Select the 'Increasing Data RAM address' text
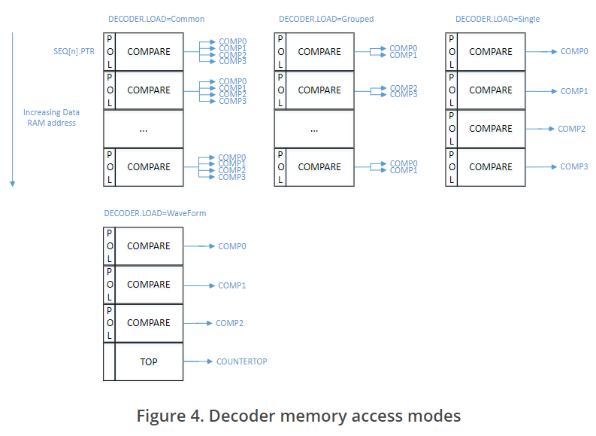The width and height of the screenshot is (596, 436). pos(51,117)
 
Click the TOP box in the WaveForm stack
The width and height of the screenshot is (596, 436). pos(149,361)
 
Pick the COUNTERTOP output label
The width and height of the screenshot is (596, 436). pos(241,361)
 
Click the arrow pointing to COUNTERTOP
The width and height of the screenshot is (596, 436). pos(198,361)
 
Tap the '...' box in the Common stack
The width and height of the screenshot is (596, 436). pos(144,129)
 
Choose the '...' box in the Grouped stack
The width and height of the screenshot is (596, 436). pos(314,129)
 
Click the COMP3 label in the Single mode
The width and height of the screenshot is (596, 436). pos(574,166)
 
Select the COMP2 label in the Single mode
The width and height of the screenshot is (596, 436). pos(571,129)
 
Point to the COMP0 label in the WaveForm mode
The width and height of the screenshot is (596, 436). pos(232,246)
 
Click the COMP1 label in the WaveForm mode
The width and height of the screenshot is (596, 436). pos(232,285)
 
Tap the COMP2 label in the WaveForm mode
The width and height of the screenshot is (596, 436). pos(229,323)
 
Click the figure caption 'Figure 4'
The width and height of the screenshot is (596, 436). pos(298,416)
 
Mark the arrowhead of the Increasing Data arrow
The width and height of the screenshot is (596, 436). pos(13,183)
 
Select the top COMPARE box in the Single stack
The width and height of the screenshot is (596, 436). pos(491,52)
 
